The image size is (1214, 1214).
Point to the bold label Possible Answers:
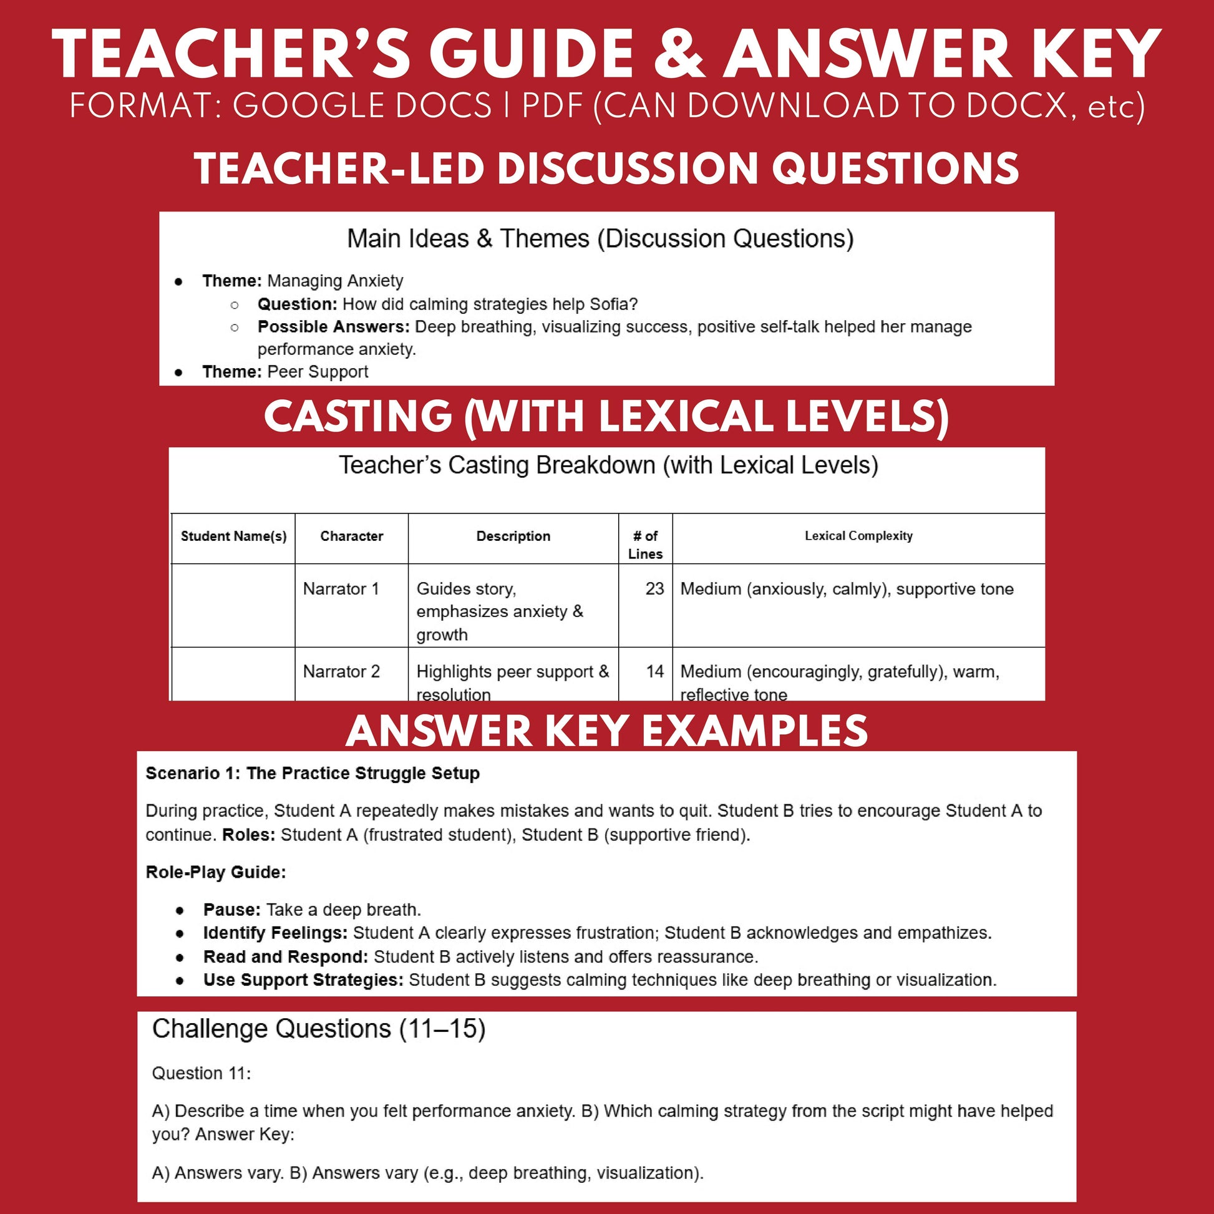333,327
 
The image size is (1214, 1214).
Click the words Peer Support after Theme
318,371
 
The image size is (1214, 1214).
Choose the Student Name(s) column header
233,536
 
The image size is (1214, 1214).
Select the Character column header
351,536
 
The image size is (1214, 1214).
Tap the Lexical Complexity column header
858,535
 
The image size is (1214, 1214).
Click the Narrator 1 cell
341,589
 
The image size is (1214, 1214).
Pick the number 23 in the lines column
654,589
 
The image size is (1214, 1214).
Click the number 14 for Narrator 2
654,671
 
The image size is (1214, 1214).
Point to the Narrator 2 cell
341,671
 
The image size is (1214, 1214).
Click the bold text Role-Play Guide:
215,872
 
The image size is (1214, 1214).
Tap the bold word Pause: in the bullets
231,910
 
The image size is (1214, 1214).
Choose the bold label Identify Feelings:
274,933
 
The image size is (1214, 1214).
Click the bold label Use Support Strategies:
303,979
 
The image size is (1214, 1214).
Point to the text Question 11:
201,1073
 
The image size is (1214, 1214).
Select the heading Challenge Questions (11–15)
319,1029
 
